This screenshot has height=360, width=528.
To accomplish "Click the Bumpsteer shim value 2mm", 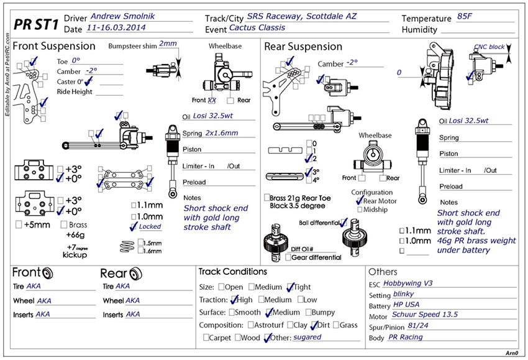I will [x=167, y=44].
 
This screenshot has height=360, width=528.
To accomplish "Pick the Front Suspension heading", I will [x=54, y=46].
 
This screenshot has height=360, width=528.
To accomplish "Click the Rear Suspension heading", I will [x=303, y=46].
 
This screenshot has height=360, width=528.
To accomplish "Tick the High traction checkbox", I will [x=234, y=300].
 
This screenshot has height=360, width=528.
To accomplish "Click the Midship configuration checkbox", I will [x=360, y=210].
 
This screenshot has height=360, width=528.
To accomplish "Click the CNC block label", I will [x=489, y=47].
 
